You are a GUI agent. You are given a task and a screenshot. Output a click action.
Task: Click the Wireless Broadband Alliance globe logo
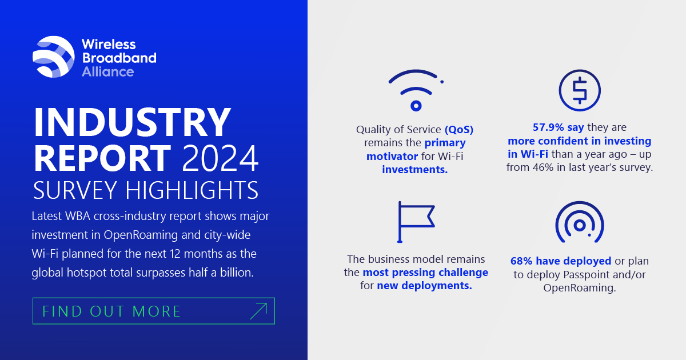tap(54, 57)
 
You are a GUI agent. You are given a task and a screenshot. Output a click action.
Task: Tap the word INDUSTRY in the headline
tap(132, 122)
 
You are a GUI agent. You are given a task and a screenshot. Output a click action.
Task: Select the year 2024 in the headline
tap(221, 158)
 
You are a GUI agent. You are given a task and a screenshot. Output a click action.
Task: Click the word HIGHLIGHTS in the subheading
tap(192, 190)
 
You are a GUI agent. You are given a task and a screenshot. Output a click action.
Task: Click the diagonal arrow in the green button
tap(258, 311)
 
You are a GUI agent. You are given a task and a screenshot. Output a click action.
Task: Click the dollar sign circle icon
tap(580, 90)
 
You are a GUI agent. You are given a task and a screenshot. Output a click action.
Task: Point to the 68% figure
tap(521, 261)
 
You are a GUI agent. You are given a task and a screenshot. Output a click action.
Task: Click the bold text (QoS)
tap(459, 130)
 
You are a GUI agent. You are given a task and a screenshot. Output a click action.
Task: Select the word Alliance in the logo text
tap(108, 72)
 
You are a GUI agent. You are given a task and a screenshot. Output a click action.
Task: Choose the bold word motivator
tap(392, 157)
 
